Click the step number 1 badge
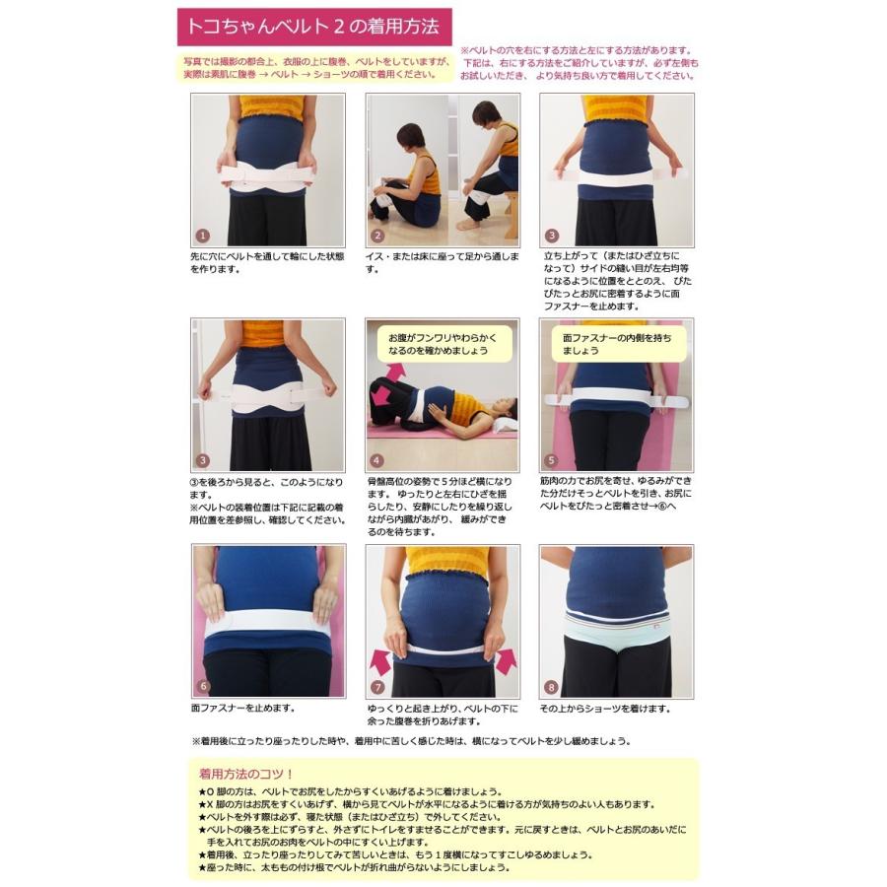click(x=203, y=236)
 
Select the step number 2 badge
click(x=376, y=236)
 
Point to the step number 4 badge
click(x=376, y=460)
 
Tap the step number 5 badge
click(x=551, y=460)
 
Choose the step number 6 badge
click(x=203, y=686)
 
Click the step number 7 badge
click(x=376, y=686)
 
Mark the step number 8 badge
click(x=551, y=686)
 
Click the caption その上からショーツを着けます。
click(x=604, y=708)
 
